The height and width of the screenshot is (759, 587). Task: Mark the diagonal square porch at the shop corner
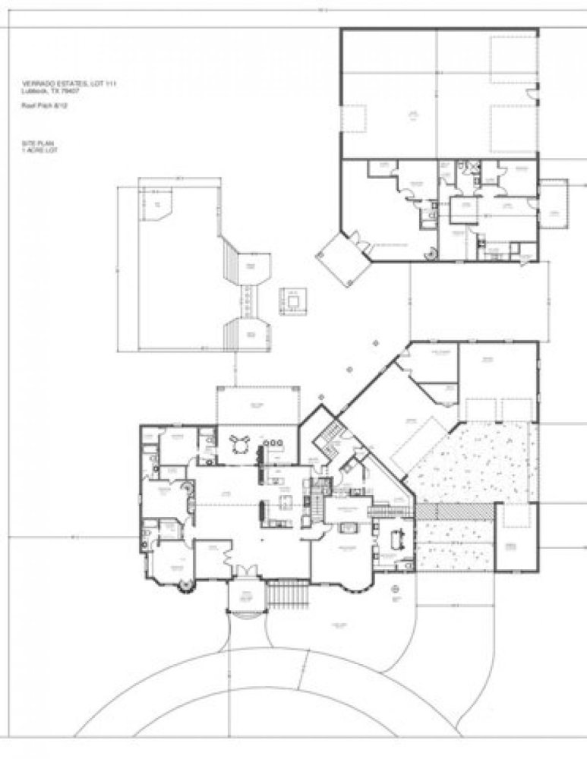pos(342,257)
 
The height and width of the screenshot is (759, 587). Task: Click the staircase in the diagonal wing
pos(329,438)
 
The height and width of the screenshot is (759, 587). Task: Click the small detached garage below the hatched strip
pos(516,538)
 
